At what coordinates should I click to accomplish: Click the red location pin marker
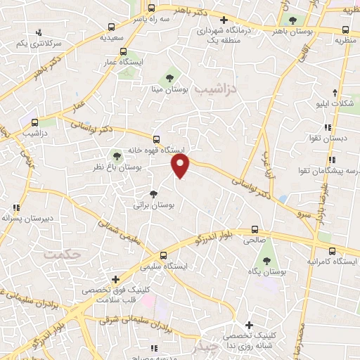pyautogui.click(x=181, y=166)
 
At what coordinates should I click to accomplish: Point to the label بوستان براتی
pyautogui.click(x=153, y=205)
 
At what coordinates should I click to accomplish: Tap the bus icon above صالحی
pyautogui.click(x=255, y=229)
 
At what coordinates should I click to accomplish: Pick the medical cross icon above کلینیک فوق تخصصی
pyautogui.click(x=115, y=279)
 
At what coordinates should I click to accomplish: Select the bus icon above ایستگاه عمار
pyautogui.click(x=124, y=51)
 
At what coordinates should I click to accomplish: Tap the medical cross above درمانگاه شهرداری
pyautogui.click(x=224, y=20)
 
